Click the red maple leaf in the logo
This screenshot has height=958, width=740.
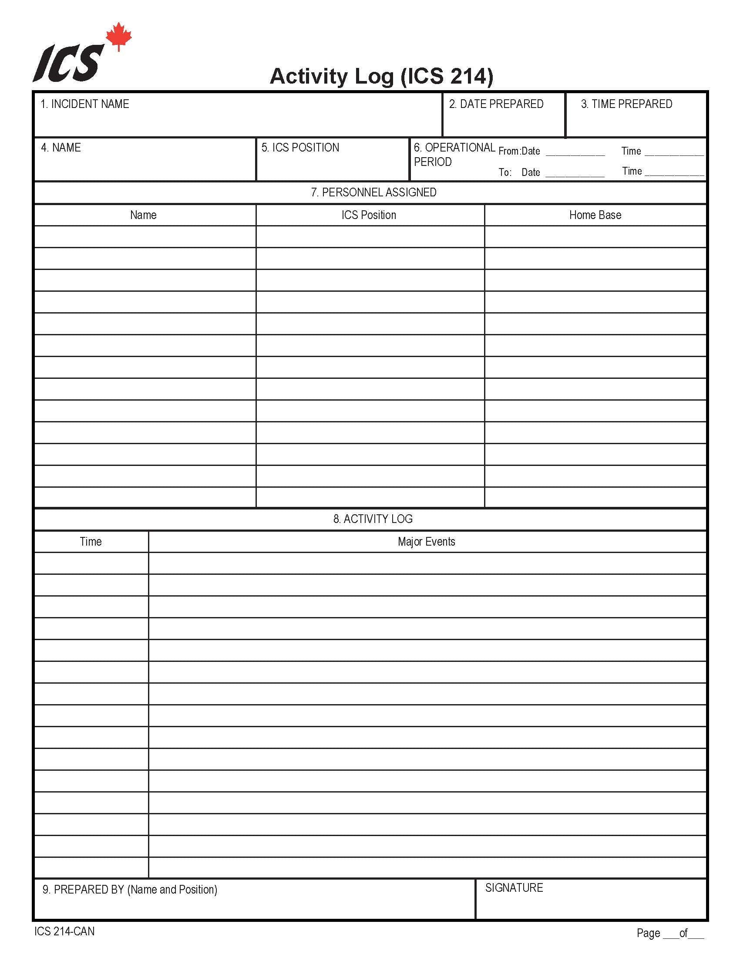pyautogui.click(x=119, y=37)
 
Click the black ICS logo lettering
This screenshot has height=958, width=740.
pyautogui.click(x=69, y=64)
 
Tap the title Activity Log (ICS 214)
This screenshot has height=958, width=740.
pyautogui.click(x=381, y=76)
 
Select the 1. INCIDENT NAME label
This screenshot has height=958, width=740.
pyautogui.click(x=84, y=104)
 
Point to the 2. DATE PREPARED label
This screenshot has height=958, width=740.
pyautogui.click(x=496, y=104)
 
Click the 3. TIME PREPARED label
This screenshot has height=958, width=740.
pyautogui.click(x=626, y=104)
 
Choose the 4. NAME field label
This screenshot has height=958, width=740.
pyautogui.click(x=61, y=147)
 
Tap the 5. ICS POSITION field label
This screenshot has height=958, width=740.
pyautogui.click(x=300, y=147)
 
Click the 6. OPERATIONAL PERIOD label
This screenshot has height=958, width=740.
pyautogui.click(x=454, y=155)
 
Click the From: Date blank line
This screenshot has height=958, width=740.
pyautogui.click(x=575, y=154)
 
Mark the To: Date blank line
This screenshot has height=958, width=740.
pyautogui.click(x=575, y=175)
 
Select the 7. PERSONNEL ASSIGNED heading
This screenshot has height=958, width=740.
pyautogui.click(x=373, y=192)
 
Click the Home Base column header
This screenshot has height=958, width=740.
pyautogui.click(x=595, y=215)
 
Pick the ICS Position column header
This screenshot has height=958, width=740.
pyautogui.click(x=369, y=215)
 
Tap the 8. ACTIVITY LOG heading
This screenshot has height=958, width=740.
pyautogui.click(x=373, y=519)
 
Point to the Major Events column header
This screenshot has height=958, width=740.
pyautogui.click(x=426, y=542)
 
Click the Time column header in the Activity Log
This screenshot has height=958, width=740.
pyautogui.click(x=91, y=542)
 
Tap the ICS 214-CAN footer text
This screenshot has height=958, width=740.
pyautogui.click(x=64, y=931)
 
